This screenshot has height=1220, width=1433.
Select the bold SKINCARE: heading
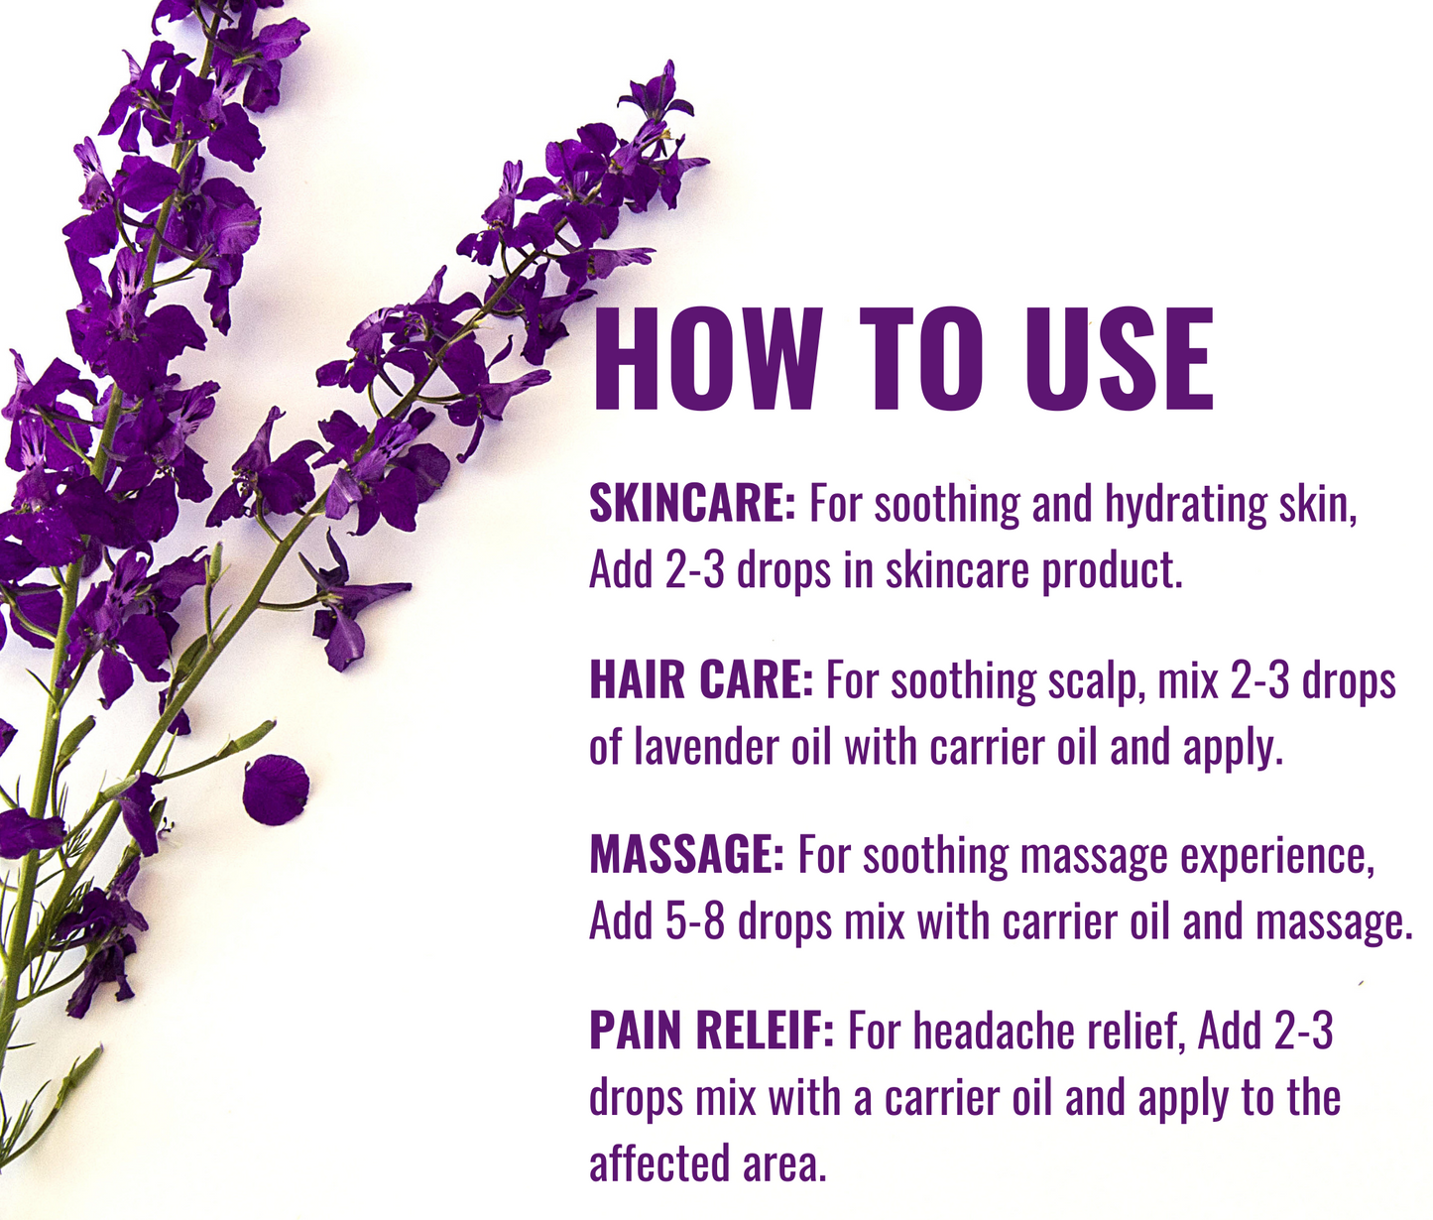pyautogui.click(x=692, y=504)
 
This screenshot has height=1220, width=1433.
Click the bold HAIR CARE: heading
pyautogui.click(x=701, y=680)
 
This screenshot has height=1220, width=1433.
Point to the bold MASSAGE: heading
pyautogui.click(x=686, y=855)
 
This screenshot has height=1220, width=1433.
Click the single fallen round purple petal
pyautogui.click(x=275, y=790)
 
